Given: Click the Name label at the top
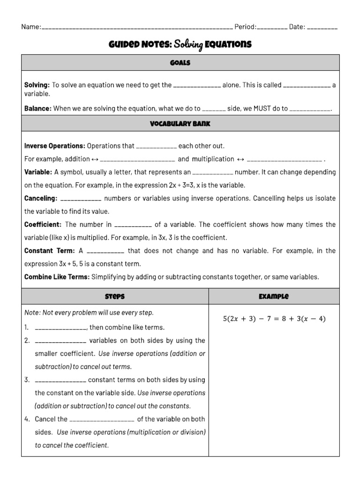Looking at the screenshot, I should pyautogui.click(x=31, y=27).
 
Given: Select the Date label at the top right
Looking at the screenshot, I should pyautogui.click(x=297, y=27).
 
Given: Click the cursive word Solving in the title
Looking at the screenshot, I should pyautogui.click(x=188, y=45).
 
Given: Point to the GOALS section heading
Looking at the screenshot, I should pyautogui.click(x=180, y=62).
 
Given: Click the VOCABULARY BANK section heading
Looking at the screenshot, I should pyautogui.click(x=180, y=124).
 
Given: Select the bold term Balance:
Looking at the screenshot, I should pyautogui.click(x=38, y=108).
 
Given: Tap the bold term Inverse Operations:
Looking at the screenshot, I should pyautogui.click(x=55, y=146).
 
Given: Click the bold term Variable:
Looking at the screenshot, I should pyautogui.click(x=38, y=172).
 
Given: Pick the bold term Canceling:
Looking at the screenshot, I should pyautogui.click(x=41, y=198).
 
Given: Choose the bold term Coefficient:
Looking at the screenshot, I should pyautogui.click(x=43, y=225).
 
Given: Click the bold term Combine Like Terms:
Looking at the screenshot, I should pyautogui.click(x=57, y=277).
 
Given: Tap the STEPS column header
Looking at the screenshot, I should pyautogui.click(x=115, y=296).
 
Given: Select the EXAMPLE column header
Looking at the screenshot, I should pyautogui.click(x=274, y=296).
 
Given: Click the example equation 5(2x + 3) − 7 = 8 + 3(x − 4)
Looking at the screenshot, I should pyautogui.click(x=274, y=319).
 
